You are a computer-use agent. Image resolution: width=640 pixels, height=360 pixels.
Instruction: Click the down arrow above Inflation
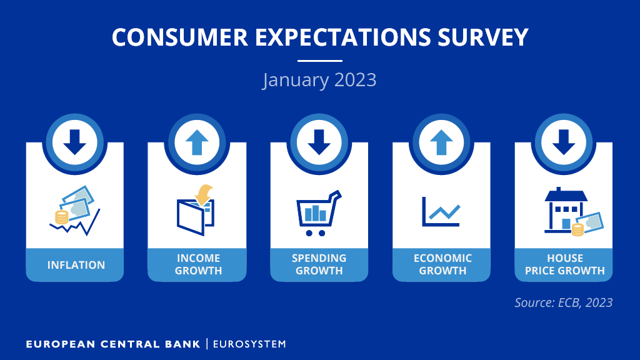(x=75, y=142)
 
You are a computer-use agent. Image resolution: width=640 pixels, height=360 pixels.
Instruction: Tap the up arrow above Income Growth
(x=197, y=142)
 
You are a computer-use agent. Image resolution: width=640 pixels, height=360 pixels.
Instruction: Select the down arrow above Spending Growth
(x=319, y=142)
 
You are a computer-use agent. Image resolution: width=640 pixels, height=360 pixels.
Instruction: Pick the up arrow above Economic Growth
(x=441, y=142)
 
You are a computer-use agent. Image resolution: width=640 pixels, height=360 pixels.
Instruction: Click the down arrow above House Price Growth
(x=564, y=142)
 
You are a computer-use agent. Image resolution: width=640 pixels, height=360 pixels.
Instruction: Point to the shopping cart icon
(x=319, y=213)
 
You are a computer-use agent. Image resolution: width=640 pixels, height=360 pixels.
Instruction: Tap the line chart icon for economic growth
(x=441, y=211)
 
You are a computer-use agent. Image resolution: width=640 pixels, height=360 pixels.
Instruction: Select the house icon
(x=566, y=210)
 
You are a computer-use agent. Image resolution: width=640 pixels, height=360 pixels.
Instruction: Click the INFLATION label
(x=76, y=265)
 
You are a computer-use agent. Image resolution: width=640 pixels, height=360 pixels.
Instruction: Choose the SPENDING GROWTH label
(x=319, y=264)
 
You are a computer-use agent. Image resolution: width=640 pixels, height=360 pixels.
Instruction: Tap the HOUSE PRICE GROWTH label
(x=565, y=264)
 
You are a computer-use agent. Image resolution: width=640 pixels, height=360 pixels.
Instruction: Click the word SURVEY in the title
(x=483, y=37)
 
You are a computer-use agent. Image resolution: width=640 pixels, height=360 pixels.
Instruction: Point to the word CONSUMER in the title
(x=180, y=37)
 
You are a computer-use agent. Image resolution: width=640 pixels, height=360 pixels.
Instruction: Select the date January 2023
(x=319, y=79)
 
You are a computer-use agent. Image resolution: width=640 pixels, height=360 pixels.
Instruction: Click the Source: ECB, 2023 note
(x=563, y=302)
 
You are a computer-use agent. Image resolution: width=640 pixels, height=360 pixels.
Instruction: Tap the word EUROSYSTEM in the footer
(x=249, y=344)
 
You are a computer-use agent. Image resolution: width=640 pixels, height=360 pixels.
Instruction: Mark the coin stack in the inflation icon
(x=62, y=217)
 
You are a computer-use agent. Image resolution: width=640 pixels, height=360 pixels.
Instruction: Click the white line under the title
(x=319, y=61)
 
